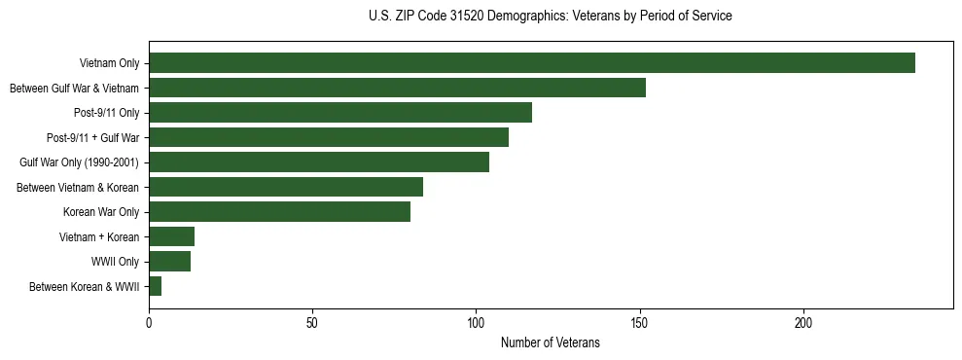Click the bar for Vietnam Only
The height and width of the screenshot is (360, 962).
tap(531, 63)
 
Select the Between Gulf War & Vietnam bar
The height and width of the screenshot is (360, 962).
tap(397, 88)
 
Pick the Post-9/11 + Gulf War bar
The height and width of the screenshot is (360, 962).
tap(328, 137)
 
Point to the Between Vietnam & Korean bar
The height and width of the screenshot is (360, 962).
tap(285, 187)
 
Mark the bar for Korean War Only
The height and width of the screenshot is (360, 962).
tap(279, 212)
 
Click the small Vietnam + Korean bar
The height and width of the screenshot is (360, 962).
tap(171, 236)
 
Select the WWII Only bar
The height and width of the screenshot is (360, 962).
tap(169, 262)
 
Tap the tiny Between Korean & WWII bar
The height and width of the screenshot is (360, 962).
tap(155, 286)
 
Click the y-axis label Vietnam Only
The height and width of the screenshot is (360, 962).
tap(109, 64)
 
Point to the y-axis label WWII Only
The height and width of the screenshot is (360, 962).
tap(115, 262)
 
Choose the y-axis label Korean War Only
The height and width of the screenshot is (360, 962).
tap(101, 212)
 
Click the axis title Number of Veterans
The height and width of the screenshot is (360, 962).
tap(550, 342)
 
